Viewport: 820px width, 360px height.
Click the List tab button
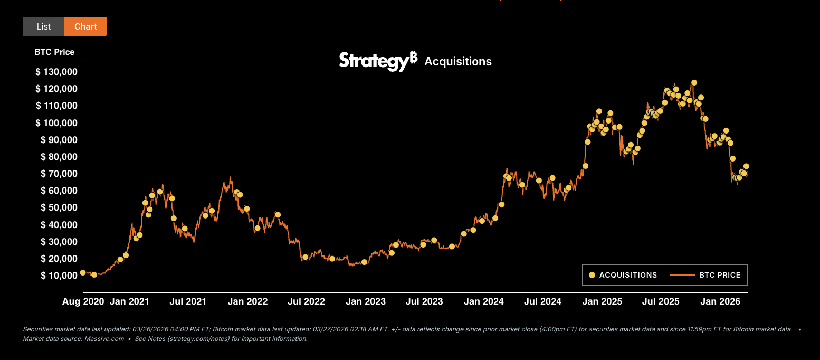pos(44,26)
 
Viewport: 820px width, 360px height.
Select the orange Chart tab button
pos(85,26)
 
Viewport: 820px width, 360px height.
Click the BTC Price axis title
pos(55,52)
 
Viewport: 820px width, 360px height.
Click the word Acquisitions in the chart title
pos(458,62)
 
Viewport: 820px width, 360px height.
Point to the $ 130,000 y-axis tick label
pos(56,72)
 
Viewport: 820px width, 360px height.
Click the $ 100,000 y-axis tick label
pos(56,123)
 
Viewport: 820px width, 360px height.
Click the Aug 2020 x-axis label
pos(83,302)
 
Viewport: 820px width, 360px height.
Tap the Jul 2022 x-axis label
pos(306,302)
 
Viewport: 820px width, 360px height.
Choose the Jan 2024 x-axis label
pos(484,302)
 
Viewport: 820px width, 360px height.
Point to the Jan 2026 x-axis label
pos(720,302)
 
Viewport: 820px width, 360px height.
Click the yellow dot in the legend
pos(592,275)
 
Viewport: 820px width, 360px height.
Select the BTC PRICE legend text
pos(720,275)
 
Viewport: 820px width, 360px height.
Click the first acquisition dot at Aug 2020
pos(83,273)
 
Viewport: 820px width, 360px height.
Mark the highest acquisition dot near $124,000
pos(694,83)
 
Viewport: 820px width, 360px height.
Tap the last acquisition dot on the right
pos(746,166)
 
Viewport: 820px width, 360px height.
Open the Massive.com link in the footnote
pos(104,339)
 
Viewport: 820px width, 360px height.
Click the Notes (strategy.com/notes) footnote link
pos(188,339)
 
